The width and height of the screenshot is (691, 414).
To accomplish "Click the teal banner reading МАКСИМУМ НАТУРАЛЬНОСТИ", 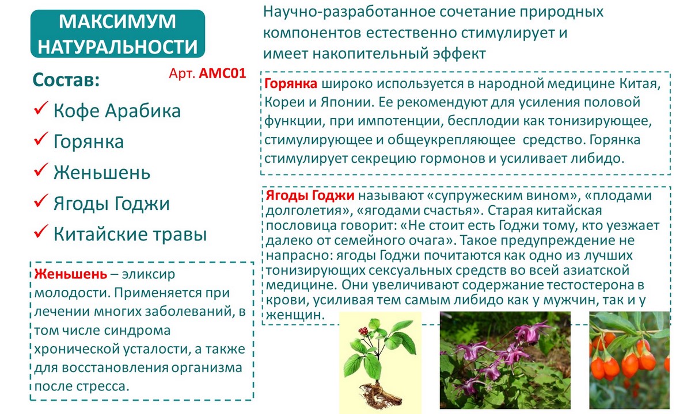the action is [117, 33].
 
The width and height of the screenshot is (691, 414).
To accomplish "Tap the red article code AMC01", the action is [222, 73].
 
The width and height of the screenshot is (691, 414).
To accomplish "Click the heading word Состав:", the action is [66, 80].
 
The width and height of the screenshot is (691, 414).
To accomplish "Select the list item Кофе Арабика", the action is [117, 110].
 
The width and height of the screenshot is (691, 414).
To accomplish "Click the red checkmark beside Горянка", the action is [41, 139].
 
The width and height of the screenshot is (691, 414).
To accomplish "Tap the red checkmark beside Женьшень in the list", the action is [41, 170].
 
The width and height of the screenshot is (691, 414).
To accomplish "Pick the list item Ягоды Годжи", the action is [112, 204].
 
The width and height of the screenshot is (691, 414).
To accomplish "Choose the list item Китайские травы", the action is [130, 234].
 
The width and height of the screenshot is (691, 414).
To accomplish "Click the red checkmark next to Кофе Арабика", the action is [41, 108].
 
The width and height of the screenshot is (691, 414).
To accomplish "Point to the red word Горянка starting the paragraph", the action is [291, 83].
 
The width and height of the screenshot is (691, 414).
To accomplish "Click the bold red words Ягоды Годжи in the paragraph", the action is [310, 196].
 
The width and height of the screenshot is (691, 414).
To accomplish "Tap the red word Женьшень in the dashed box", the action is [71, 274].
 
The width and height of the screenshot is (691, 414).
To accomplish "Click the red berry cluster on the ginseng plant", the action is [364, 331].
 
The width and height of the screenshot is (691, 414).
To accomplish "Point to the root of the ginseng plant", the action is [380, 394].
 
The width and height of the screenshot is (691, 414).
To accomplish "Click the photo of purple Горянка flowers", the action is [505, 360].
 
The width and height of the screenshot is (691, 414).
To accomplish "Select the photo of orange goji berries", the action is [629, 360].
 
